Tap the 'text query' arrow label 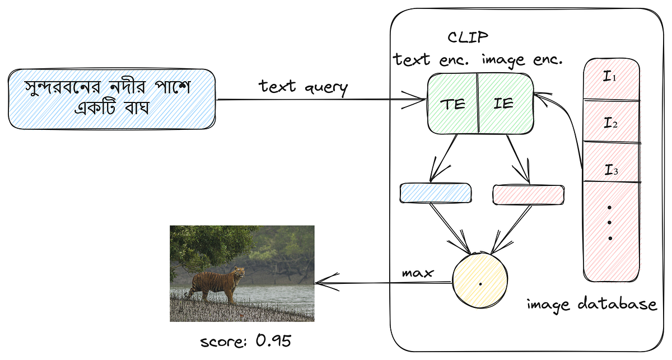tap(303, 86)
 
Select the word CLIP tap(468, 38)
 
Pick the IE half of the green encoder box tap(504, 104)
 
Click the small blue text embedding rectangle tap(435, 193)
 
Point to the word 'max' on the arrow tap(418, 273)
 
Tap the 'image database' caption tap(591, 304)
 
